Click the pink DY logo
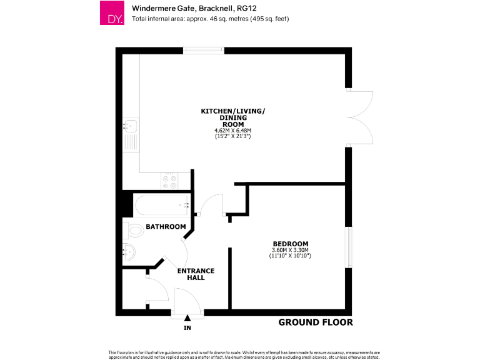pyautogui.click(x=112, y=12)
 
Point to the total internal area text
pyautogui.click(x=210, y=19)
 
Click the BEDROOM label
pyautogui.click(x=290, y=243)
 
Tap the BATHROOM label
pyautogui.click(x=166, y=226)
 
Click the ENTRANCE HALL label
pyautogui.click(x=196, y=274)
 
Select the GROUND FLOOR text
pyautogui.click(x=315, y=322)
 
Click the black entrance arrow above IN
pyautogui.click(x=187, y=319)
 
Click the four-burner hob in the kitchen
pyautogui.click(x=169, y=181)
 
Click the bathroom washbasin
pyautogui.click(x=129, y=252)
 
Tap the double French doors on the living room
pyautogui.click(x=359, y=117)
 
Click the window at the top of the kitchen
pyautogui.click(x=204, y=50)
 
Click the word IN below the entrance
pyautogui.click(x=187, y=328)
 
